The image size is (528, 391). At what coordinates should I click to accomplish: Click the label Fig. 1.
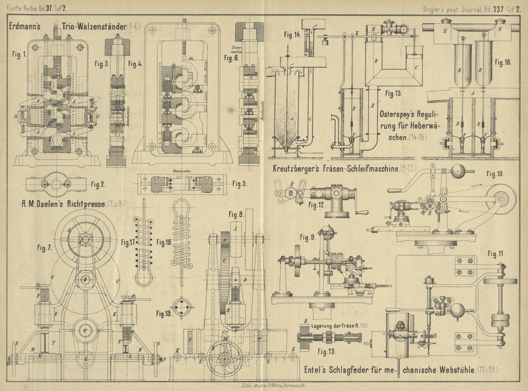19,55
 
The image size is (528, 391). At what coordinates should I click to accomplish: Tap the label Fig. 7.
45,248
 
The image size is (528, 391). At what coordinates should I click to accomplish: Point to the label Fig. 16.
503,62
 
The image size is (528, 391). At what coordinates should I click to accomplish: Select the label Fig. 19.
164,314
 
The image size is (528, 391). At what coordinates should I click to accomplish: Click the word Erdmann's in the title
25,26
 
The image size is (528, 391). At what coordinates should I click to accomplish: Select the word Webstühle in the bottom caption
457,370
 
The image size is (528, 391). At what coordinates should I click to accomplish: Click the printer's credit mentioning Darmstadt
273,386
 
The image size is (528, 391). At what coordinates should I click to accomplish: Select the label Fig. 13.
326,352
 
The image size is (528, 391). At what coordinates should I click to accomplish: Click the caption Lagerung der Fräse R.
339,326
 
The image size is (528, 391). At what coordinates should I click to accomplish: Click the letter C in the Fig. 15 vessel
416,68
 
